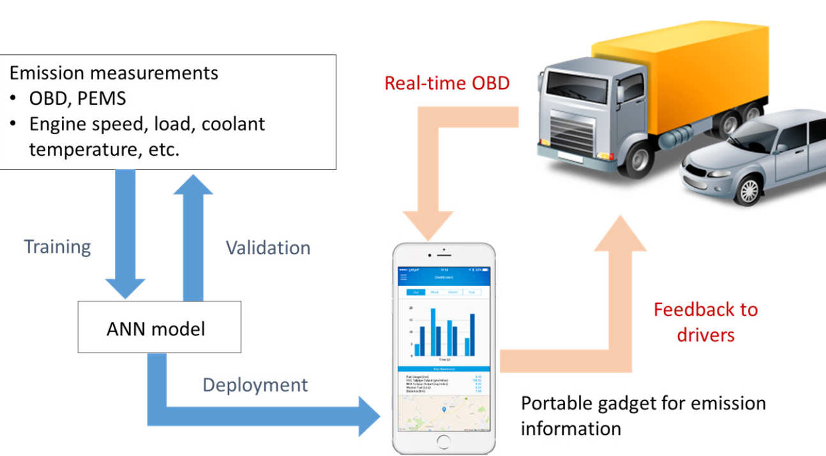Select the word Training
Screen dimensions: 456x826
[x=57, y=247]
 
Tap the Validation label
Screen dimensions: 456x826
[x=268, y=248]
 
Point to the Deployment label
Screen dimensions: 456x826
[x=255, y=385]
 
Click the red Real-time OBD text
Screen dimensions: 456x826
[x=447, y=82]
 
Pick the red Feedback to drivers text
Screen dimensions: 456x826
[x=705, y=322]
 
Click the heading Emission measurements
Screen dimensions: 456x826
[x=114, y=72]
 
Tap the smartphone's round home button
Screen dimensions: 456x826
[x=443, y=441]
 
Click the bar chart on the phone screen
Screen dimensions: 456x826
[x=443, y=332]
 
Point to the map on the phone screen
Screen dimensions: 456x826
[x=443, y=412]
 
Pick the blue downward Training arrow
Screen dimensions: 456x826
[x=125, y=236]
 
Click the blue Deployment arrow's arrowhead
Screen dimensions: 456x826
[x=369, y=415]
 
